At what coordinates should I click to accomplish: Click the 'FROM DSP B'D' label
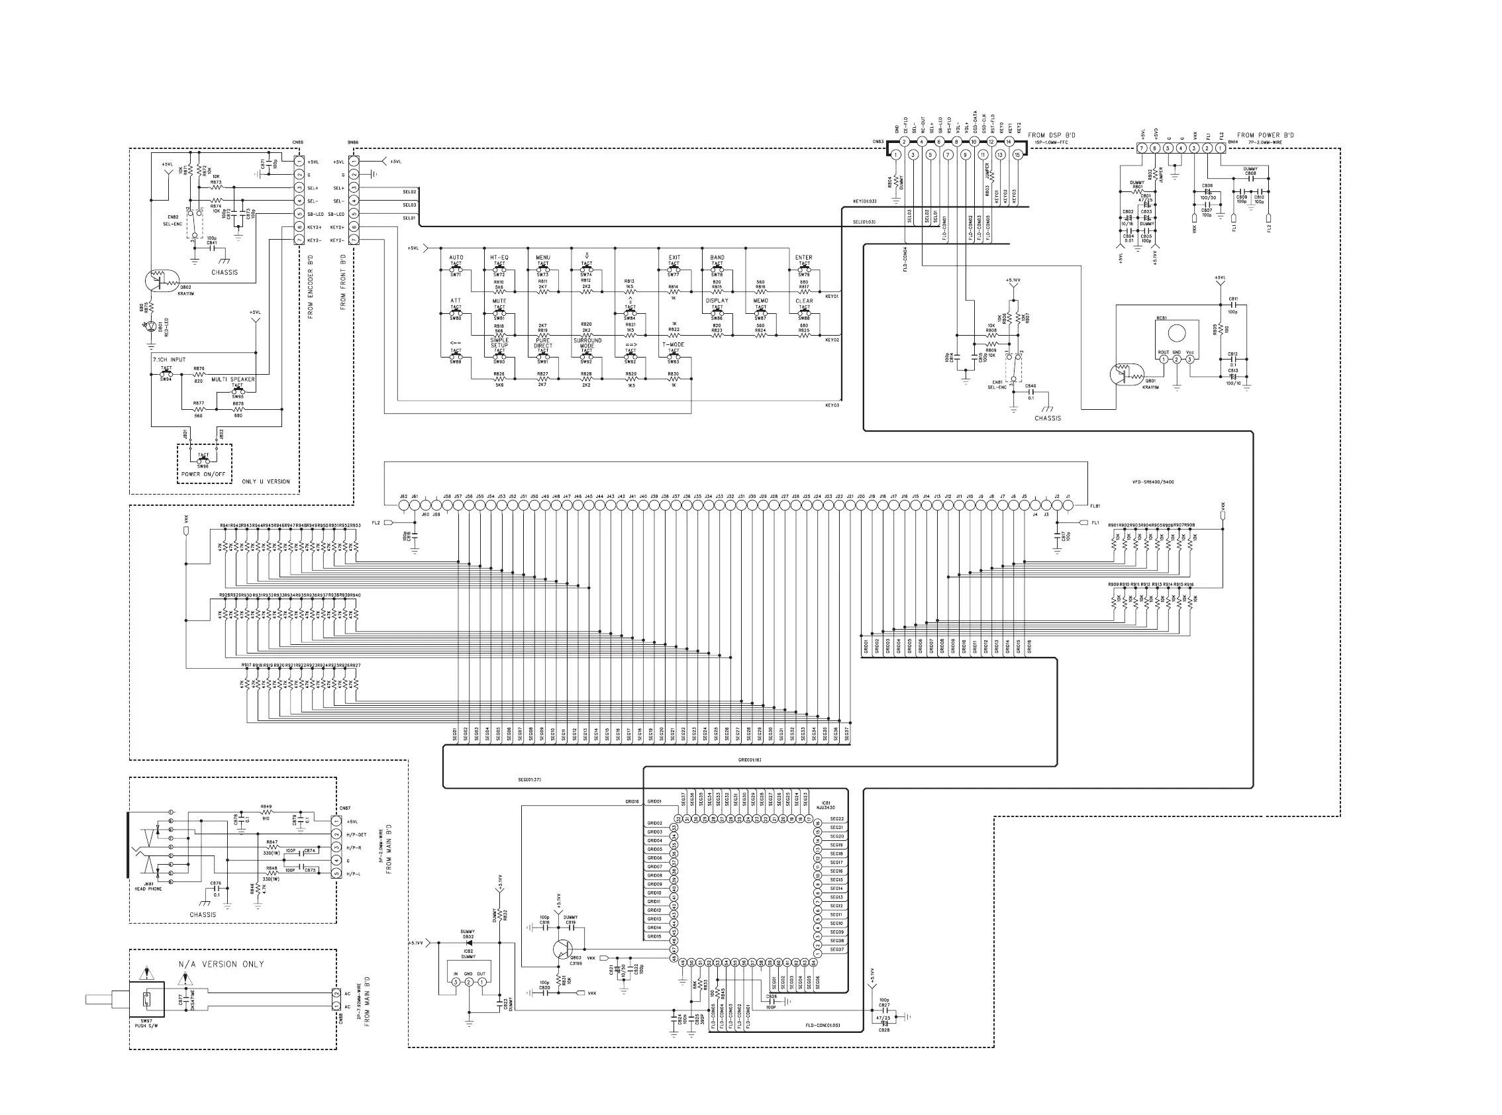(x=1052, y=135)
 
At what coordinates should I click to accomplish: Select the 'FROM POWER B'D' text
(x=1266, y=135)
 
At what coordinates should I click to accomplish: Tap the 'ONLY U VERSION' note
(x=266, y=481)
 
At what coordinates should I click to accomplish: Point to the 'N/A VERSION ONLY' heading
(x=221, y=964)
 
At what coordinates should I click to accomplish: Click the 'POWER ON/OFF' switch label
(x=203, y=474)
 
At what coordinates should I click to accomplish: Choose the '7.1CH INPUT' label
(x=169, y=360)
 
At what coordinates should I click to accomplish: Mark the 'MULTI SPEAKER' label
(x=233, y=379)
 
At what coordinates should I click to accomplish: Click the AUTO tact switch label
(x=456, y=257)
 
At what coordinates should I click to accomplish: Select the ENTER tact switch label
(x=803, y=257)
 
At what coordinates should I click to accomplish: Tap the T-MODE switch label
(x=673, y=344)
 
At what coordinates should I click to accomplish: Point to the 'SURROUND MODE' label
(x=587, y=343)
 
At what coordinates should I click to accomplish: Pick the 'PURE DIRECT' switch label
(x=543, y=343)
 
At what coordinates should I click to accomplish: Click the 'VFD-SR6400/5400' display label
(x=1153, y=482)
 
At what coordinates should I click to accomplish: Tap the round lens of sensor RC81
(x=1177, y=333)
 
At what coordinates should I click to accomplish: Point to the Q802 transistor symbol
(x=156, y=280)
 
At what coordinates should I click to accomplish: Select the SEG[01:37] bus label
(x=529, y=779)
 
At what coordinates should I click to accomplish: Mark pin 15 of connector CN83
(x=1017, y=154)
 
